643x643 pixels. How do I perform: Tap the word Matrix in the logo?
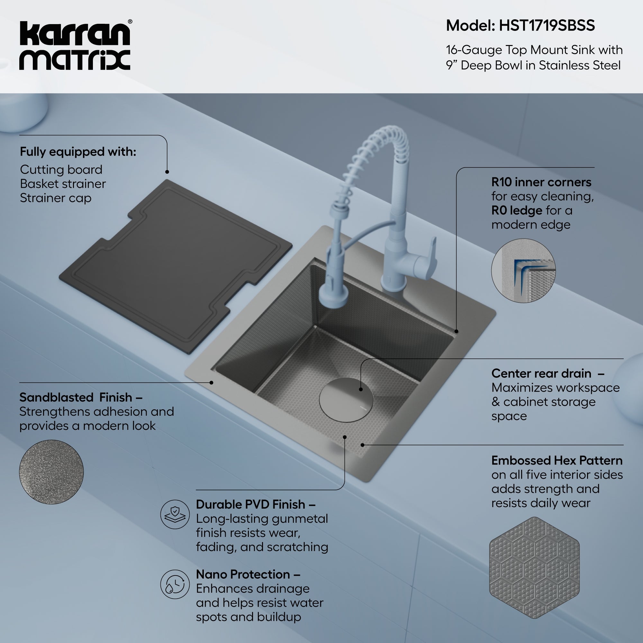75,60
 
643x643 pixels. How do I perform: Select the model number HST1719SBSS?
547,26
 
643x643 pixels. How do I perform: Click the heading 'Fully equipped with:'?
78,152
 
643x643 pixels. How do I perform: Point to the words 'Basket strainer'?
63,184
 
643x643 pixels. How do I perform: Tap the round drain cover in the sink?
346,400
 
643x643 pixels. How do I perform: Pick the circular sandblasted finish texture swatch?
51,472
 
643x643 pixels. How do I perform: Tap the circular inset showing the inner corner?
523,271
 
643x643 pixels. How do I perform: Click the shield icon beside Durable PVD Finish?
175,514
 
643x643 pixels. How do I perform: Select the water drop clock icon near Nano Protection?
175,584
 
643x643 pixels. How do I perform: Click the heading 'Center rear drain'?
541,373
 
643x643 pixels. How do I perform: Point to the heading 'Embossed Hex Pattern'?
557,461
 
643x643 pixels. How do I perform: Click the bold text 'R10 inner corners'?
541,182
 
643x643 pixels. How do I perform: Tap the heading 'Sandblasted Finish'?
76,397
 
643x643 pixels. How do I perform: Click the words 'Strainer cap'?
55,198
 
